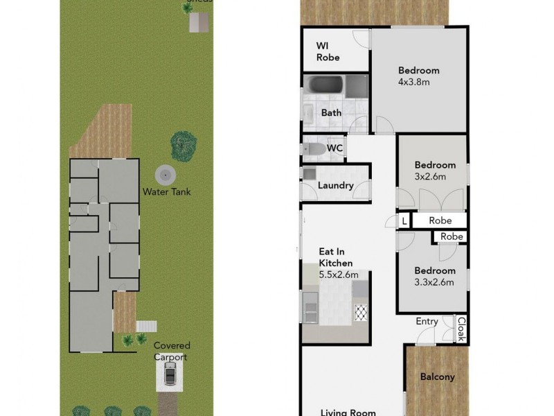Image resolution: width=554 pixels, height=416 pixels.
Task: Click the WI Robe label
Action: [x=328, y=51]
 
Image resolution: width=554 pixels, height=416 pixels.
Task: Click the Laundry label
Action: [x=336, y=186]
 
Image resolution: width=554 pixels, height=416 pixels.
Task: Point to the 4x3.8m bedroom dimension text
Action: [x=414, y=82]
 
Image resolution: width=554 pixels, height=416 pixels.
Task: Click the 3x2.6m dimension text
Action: [x=429, y=176]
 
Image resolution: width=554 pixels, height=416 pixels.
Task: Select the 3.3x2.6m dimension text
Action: [x=434, y=281]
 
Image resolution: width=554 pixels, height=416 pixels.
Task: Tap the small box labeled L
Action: [x=404, y=220]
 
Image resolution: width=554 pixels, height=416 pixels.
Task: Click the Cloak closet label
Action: [x=460, y=329]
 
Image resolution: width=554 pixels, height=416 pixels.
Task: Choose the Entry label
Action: [x=427, y=321]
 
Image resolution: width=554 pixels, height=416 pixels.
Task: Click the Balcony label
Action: [x=438, y=377]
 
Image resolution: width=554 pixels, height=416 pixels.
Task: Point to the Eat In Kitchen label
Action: [x=335, y=257]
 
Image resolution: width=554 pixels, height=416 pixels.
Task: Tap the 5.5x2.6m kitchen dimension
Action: [x=338, y=275]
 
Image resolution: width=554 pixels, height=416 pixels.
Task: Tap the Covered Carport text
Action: [x=172, y=351]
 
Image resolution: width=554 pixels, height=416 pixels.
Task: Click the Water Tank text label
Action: [x=166, y=192]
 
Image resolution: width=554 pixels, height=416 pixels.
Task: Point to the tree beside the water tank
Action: [x=182, y=145]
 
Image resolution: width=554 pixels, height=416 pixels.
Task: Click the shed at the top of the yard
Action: [x=199, y=22]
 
